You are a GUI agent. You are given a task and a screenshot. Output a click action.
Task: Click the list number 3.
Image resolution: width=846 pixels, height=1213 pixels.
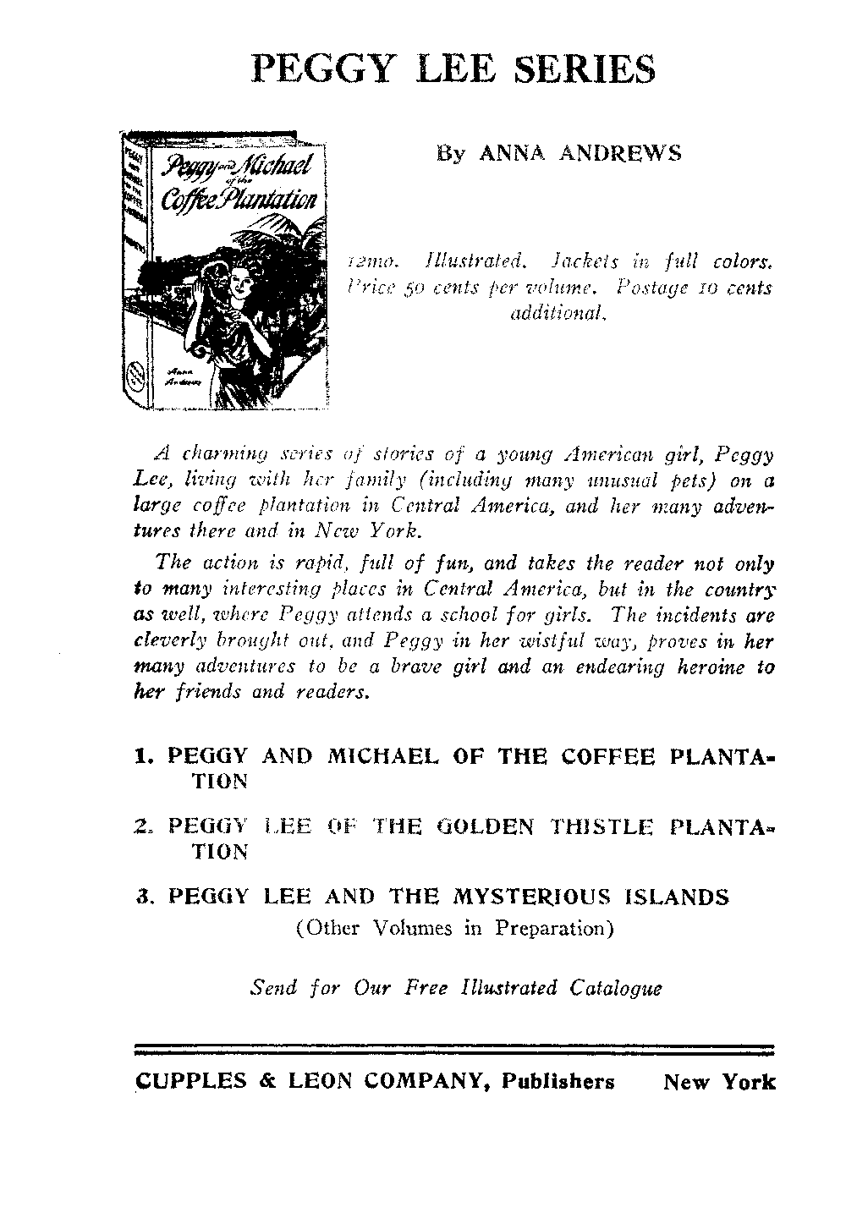pos(144,896)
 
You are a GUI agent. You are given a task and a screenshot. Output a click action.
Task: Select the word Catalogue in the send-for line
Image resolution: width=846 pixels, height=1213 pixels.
pos(616,987)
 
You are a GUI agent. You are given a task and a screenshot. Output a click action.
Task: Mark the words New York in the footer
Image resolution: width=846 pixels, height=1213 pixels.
pos(719,1082)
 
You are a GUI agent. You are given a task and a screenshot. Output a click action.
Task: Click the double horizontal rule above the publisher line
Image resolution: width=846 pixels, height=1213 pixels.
pos(455,1052)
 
